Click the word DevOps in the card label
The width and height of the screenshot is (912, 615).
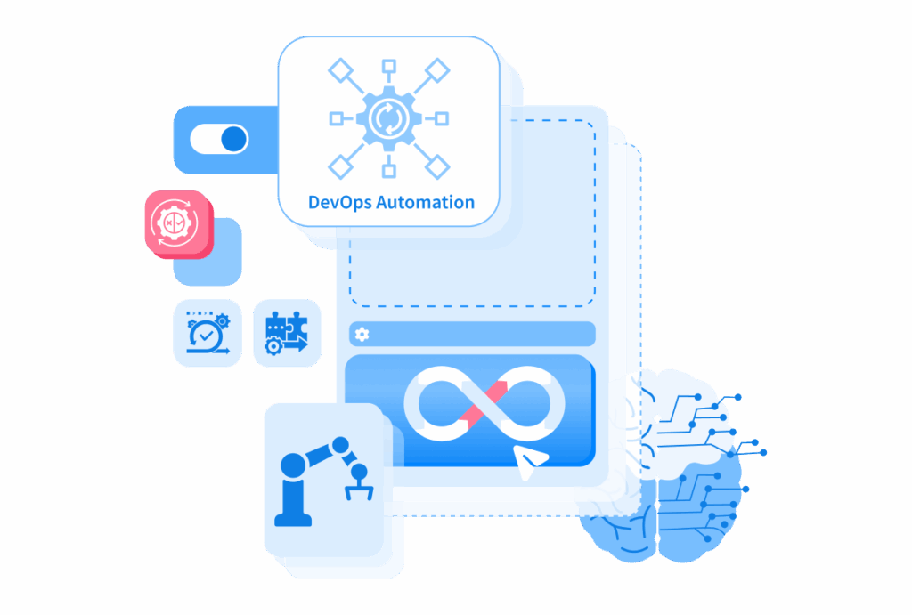340,203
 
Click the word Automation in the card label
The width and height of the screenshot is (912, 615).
426,202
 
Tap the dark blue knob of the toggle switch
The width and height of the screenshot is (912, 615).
234,140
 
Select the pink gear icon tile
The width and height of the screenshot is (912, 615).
178,223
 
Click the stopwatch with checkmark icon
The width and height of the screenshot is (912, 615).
208,333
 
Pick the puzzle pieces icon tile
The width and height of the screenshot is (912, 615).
287,333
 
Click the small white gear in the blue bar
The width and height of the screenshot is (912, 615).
362,335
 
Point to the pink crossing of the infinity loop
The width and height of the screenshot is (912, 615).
484,403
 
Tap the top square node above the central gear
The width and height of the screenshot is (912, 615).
389,66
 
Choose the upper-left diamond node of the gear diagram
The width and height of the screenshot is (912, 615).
341,71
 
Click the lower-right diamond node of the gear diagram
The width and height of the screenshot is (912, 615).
437,166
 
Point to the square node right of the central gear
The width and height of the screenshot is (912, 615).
442,119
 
